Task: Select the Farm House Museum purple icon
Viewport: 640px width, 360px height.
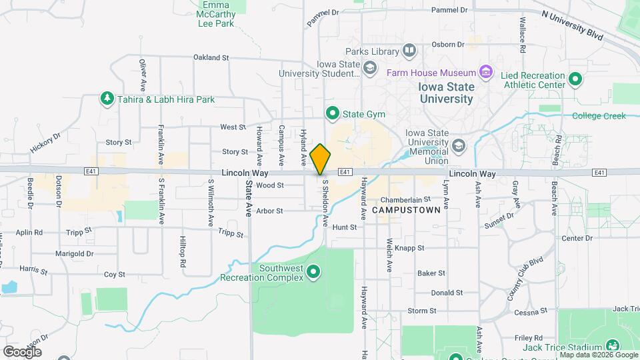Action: coord(486,72)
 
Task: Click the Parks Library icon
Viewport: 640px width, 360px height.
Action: coord(409,51)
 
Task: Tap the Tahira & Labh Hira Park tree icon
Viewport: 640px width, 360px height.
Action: coord(107,99)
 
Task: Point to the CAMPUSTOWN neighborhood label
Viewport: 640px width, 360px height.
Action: coord(407,210)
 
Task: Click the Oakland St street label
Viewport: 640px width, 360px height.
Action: coord(211,58)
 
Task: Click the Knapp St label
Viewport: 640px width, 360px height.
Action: coord(410,248)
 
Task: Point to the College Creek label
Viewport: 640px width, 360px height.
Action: coord(599,116)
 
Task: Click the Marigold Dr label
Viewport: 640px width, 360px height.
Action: coord(74,254)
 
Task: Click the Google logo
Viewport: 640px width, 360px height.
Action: coord(21,351)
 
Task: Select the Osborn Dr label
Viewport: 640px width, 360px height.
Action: coord(448,45)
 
